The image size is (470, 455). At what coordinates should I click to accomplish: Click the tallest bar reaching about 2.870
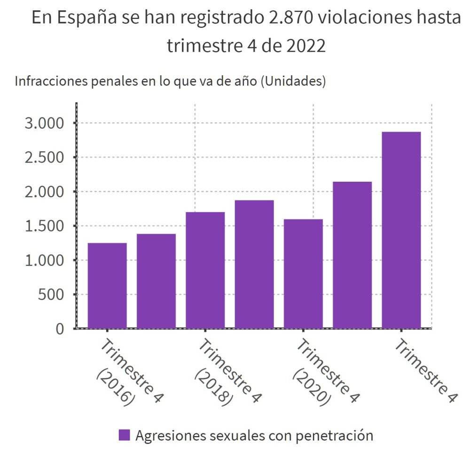pos(401,230)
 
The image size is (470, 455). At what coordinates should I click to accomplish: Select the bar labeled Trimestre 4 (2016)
pos(107,285)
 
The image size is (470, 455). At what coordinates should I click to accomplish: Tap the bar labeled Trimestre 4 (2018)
pos(205,270)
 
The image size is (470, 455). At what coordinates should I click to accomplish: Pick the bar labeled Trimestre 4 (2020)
pos(303,274)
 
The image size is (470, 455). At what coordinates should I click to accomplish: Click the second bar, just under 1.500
pos(156,281)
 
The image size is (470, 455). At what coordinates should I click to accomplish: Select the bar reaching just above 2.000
pos(352,255)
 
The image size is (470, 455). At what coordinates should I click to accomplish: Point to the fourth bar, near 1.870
pos(254,264)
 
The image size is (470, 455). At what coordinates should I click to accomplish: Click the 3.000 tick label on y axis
pos(43,123)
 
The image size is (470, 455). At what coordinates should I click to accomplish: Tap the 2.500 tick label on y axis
pos(43,158)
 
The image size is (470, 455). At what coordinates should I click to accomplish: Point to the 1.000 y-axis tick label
pos(43,261)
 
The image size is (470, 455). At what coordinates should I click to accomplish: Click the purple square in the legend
pos(124,435)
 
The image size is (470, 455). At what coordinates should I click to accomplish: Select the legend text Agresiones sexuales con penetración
pos(254,435)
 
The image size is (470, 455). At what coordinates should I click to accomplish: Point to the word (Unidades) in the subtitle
pos(293,81)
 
